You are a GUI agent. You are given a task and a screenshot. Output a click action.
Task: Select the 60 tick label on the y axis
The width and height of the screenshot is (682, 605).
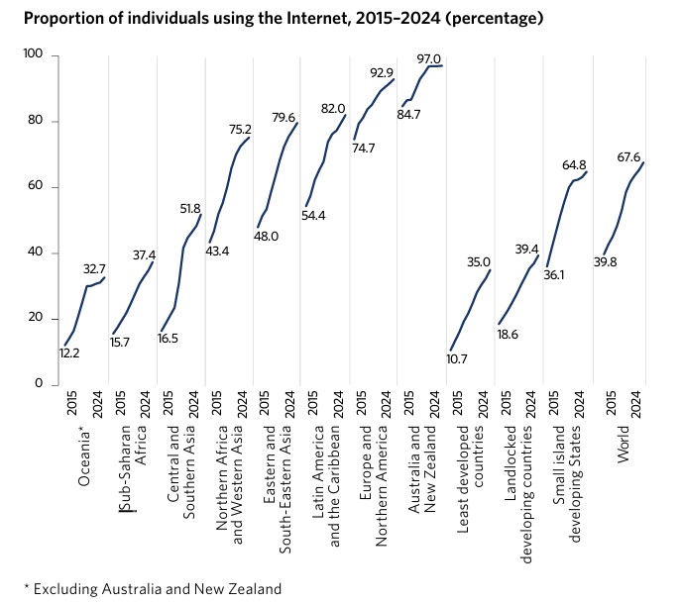point(37,187)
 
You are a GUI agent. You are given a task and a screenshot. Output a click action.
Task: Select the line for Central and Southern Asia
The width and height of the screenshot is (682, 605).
point(181,267)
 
